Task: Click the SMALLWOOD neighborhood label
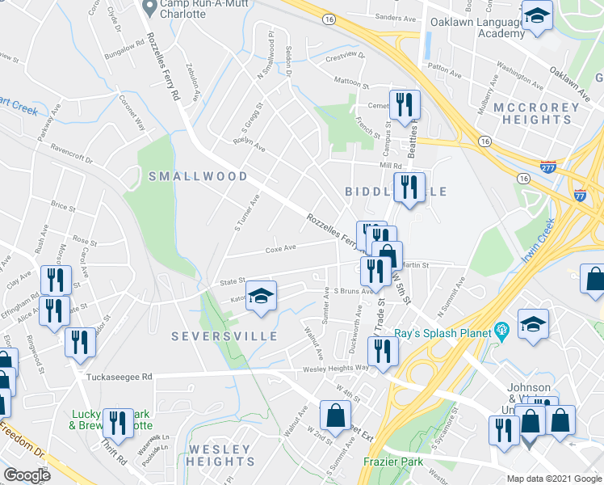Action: click(x=198, y=176)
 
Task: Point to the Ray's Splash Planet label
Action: click(x=443, y=332)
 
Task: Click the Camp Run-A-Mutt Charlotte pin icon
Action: click(x=149, y=7)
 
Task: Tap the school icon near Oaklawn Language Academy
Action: click(x=535, y=17)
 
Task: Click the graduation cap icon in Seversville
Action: click(x=261, y=297)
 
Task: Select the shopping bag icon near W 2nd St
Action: click(x=335, y=415)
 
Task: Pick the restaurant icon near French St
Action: click(x=403, y=104)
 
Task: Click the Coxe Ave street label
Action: click(x=281, y=248)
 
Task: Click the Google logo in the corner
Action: click(x=27, y=475)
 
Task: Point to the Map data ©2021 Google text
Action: click(x=554, y=479)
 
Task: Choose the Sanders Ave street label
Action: click(x=396, y=17)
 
